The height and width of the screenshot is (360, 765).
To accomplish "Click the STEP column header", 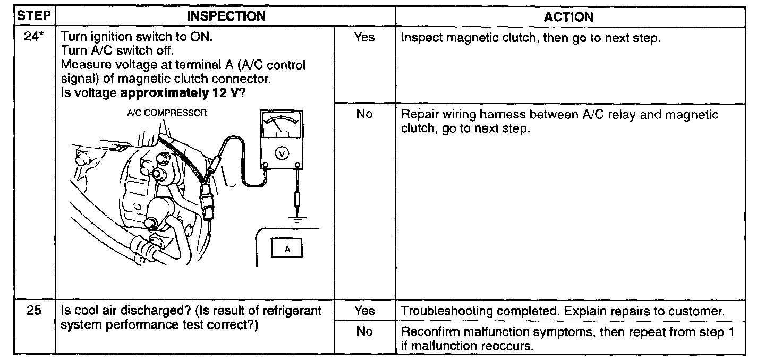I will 35,16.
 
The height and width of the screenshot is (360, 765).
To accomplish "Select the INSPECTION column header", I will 226,16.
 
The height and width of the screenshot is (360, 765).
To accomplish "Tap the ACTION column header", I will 568,16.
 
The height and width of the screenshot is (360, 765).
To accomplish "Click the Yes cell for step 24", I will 364,37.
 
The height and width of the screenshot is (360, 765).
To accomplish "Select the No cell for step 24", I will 364,114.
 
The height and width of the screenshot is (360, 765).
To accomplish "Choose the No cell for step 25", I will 364,332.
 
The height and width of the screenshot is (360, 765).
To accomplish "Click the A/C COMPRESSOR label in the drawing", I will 167,113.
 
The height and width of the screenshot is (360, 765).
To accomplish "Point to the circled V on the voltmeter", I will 282,153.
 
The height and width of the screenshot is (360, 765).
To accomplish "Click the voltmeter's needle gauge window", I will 281,126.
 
